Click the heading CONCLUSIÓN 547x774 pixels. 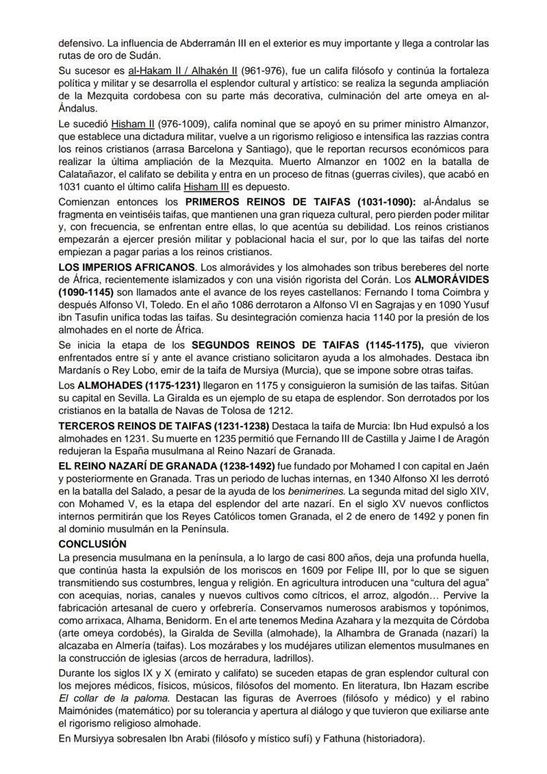click(x=92, y=544)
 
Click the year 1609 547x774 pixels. click(x=332, y=571)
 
